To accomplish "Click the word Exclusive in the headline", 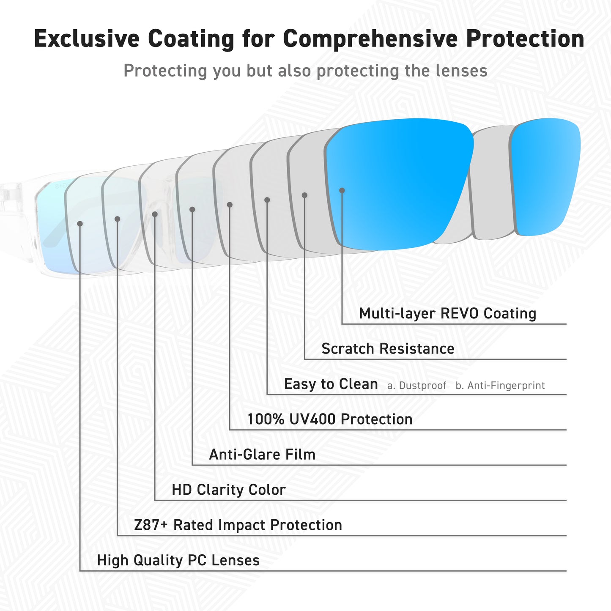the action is (x=87, y=38).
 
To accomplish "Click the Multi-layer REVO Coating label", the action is (x=447, y=313).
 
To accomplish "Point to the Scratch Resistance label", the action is (x=388, y=348).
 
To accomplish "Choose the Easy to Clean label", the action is (x=331, y=384).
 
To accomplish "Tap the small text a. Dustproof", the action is (x=416, y=386).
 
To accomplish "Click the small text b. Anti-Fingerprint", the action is (x=500, y=386).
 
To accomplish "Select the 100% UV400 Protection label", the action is (x=330, y=419).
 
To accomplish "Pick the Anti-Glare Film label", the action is (x=262, y=455).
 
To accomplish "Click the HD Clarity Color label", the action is (x=229, y=490).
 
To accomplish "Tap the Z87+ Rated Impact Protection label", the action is (x=238, y=525).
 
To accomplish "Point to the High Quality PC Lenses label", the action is (x=178, y=560).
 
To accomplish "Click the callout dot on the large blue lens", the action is (x=342, y=191).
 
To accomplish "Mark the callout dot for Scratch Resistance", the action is (x=304, y=195).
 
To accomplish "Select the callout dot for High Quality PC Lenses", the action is (x=80, y=224).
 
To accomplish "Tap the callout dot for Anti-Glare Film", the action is (x=192, y=210).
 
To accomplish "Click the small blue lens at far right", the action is (x=545, y=177).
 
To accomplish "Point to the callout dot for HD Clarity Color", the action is (x=155, y=214).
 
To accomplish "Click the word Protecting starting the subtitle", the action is (x=165, y=71).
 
